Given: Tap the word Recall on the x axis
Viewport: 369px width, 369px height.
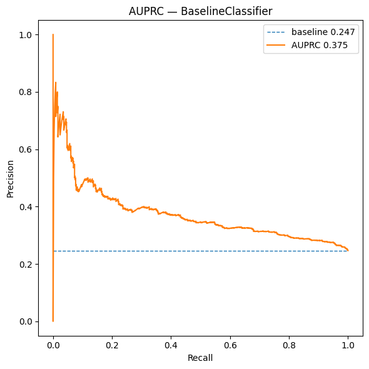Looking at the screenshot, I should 201,359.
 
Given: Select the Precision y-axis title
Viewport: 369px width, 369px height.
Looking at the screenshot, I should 10,178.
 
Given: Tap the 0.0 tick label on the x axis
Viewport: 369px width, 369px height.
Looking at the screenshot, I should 53,345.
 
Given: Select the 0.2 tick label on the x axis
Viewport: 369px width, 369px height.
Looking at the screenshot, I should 112,345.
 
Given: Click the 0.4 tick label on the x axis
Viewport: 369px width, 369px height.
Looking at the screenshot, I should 171,345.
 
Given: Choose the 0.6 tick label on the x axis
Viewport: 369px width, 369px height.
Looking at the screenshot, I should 230,345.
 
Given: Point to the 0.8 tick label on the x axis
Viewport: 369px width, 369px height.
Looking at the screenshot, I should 290,345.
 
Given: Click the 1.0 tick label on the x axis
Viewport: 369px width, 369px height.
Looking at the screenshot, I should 348,345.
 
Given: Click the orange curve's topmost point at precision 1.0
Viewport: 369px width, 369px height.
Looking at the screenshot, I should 53,34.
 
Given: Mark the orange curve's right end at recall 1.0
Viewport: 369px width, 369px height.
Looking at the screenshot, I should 348,250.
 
